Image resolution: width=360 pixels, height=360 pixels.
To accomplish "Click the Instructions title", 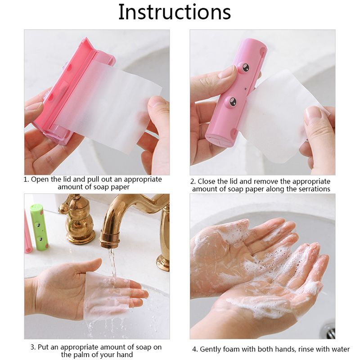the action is [175, 12].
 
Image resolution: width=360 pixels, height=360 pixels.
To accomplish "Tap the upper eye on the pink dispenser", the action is [244, 67].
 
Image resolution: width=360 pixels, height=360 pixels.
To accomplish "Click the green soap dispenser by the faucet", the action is [39, 227].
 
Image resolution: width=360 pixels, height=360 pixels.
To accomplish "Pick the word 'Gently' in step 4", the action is [210, 349].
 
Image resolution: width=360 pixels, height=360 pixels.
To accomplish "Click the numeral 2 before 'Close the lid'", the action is [193, 182].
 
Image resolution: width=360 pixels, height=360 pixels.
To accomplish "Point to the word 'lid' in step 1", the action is [65, 180].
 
